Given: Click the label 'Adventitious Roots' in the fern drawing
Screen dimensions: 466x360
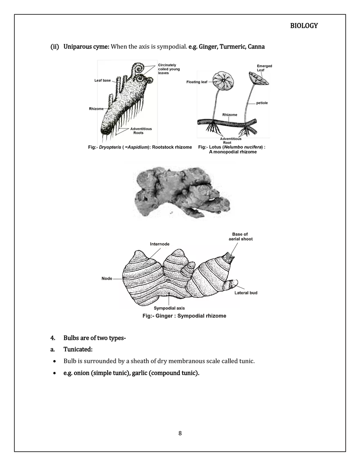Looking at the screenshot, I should (141, 131).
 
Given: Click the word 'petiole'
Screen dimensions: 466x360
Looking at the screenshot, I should (262, 103).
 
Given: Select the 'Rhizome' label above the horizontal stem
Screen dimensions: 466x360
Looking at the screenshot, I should (229, 115).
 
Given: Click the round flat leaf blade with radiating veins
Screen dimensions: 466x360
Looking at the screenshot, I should (225, 81).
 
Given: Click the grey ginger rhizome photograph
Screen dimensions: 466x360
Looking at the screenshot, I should (180, 191).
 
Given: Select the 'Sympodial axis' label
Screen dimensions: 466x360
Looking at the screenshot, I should (170, 308).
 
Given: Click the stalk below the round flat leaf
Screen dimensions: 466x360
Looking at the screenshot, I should (214, 106).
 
